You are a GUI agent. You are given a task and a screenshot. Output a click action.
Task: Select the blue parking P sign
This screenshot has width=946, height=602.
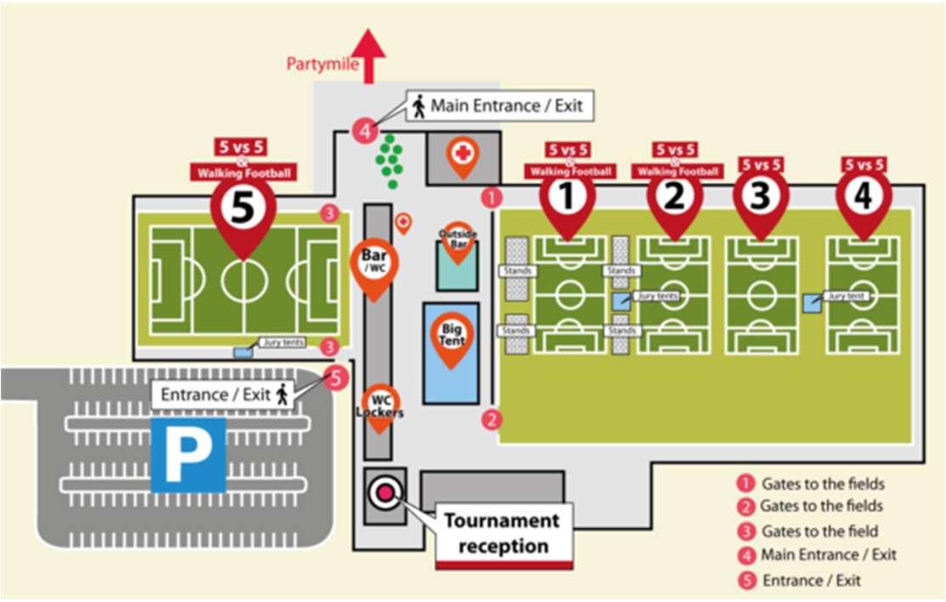pyautogui.click(x=188, y=454)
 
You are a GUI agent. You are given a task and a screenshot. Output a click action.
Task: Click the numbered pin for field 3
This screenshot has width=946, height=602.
pyautogui.click(x=761, y=197)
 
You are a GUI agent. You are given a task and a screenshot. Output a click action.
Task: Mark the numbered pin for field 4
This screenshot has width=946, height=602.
pyautogui.click(x=864, y=196)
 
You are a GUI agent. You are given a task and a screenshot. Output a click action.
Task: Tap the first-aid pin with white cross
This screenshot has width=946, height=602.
pyautogui.click(x=462, y=156)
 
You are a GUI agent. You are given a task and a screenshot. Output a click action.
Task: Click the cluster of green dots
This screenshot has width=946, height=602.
pyautogui.click(x=389, y=159)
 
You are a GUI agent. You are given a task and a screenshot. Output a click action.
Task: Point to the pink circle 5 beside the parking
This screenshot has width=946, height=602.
pyautogui.click(x=337, y=378)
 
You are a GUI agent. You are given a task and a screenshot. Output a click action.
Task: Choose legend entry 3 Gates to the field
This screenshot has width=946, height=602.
pyautogui.click(x=808, y=531)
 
